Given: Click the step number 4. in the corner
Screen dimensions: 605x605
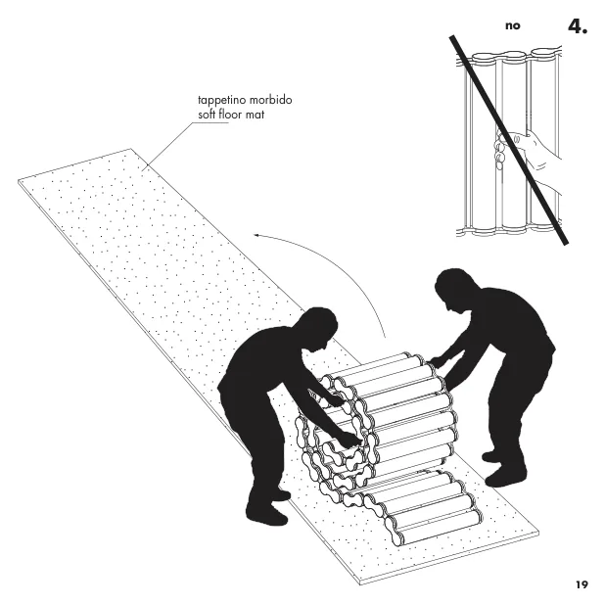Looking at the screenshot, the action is pos(578,26).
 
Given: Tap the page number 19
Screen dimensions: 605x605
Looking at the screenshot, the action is pos(582,584).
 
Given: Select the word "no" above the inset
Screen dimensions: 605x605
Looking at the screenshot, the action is pos(513,25).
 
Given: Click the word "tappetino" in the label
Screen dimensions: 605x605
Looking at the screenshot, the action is pos(221,100).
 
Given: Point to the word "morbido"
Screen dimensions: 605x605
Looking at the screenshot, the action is pos(270,100).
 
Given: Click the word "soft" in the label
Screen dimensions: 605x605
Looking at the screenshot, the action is pos(207,115).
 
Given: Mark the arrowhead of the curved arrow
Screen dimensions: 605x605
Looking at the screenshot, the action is pos(256,235).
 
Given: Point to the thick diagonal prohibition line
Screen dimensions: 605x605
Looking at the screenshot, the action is pos(508,140).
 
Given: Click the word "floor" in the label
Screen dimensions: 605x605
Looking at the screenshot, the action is pos(230,115).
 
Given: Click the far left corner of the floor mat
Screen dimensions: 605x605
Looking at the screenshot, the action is pos(19,180).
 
